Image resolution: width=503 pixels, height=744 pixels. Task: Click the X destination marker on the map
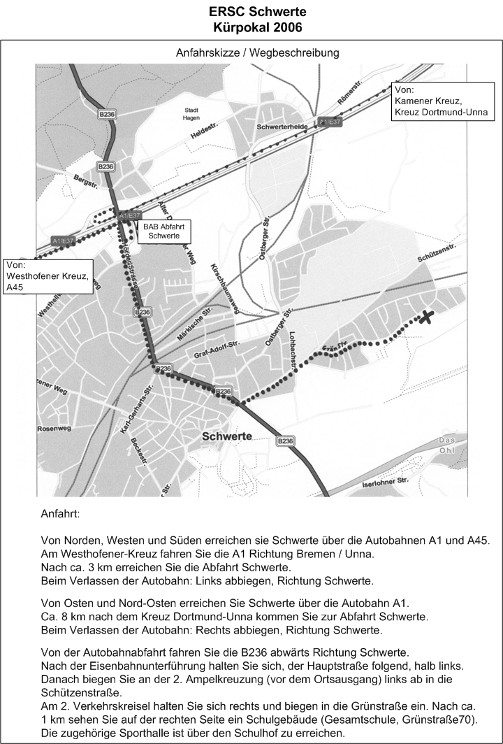(x=425, y=317)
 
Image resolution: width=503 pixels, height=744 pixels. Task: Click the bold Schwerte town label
(x=226, y=436)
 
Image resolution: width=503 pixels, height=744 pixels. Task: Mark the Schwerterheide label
(x=282, y=127)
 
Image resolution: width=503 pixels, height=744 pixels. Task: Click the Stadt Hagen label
(x=191, y=115)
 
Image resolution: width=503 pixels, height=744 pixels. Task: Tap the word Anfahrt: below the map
(x=61, y=513)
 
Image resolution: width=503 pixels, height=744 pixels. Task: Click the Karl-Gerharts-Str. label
(x=137, y=410)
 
